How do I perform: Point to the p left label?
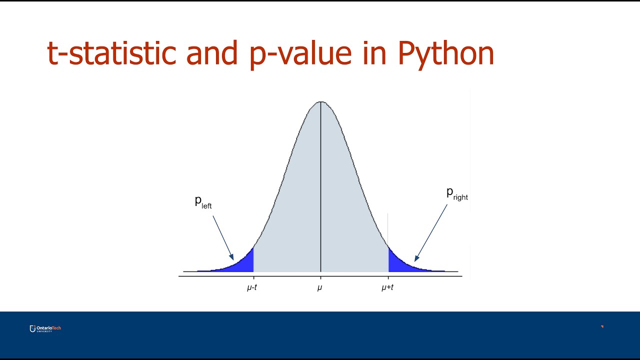coord(203,202)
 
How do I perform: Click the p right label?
coord(456,194)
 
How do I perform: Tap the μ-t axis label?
coord(252,288)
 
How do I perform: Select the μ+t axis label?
coord(387,288)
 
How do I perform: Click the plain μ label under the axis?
coord(320,288)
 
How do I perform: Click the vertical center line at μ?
coord(320,190)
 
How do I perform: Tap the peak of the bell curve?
coord(320,102)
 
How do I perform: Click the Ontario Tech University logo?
coord(45,328)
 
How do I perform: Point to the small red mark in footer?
coord(602,326)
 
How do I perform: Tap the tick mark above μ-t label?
coord(253,278)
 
